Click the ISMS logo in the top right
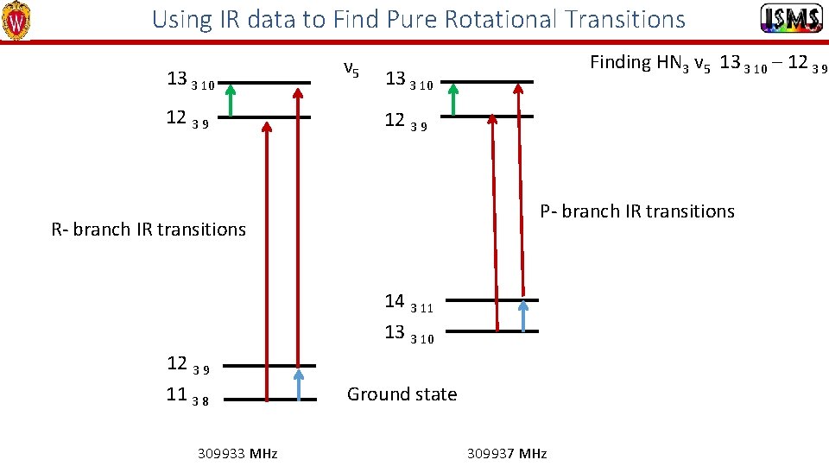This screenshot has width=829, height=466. [791, 19]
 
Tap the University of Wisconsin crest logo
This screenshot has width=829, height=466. [16, 21]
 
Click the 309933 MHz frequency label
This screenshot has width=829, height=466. [237, 453]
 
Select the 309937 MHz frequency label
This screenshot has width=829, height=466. [507, 453]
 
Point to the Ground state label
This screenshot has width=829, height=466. [402, 394]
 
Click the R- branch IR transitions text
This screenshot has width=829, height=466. [149, 230]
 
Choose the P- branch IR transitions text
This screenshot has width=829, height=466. [637, 211]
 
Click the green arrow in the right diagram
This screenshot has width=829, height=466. [452, 99]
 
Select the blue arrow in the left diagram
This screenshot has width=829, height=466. [299, 384]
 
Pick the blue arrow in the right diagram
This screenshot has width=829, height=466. [522, 316]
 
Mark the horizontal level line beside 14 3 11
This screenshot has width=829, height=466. [492, 300]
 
